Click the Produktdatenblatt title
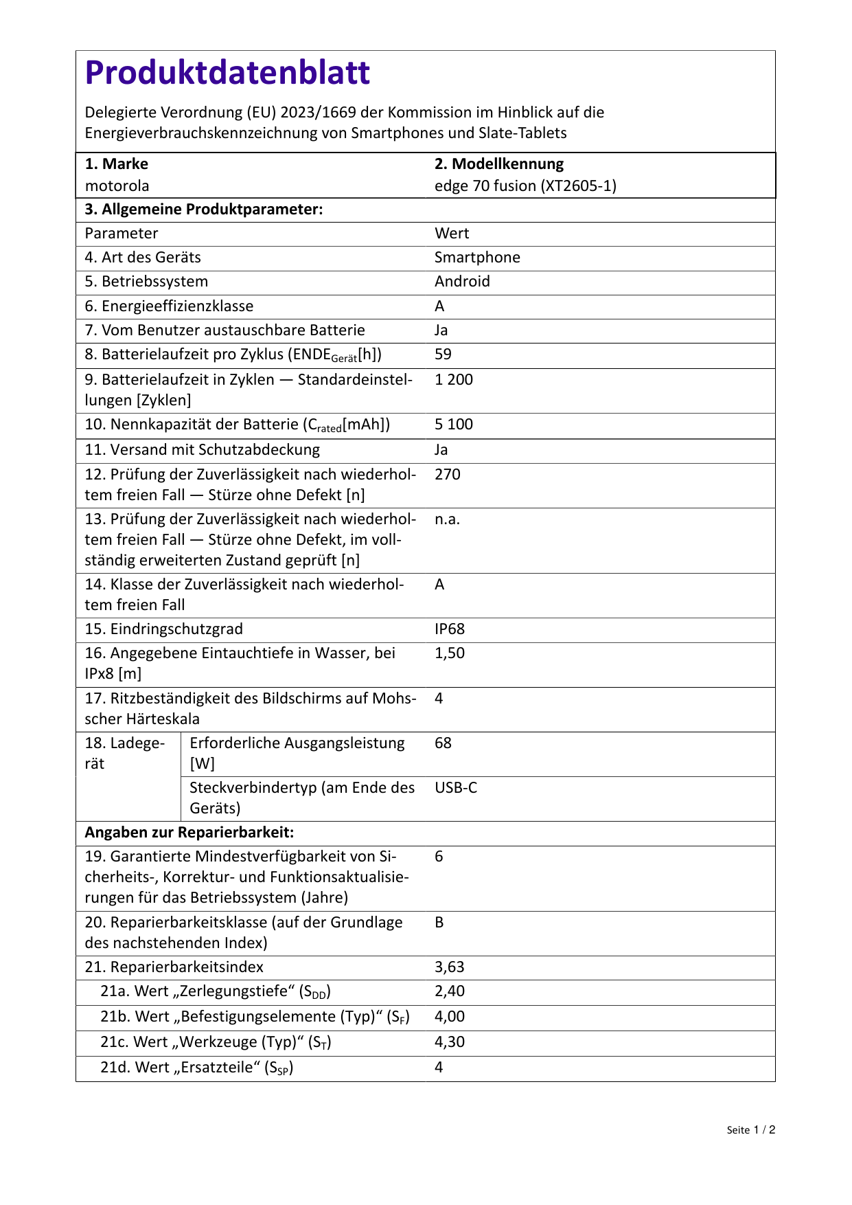pos(227,73)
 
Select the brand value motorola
pos(117,185)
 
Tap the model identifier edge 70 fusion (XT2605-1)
pos(525,185)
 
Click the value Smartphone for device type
pos(477,258)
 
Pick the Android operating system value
pos(462,282)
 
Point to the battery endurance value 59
pos(443,354)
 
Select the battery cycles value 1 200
pos(453,380)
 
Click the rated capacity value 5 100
pos(453,425)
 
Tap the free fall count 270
pos(447,475)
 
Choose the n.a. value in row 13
pos(447,519)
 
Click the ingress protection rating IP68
pos(450,629)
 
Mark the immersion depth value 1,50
pos(450,653)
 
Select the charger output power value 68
pos(443,743)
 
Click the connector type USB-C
pos(455,788)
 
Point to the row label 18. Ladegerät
pos(124,754)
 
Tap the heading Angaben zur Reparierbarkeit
pos(189,833)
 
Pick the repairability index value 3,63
pos(450,967)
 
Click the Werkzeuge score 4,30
pos(450,1042)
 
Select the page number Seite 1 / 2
pos(750,1130)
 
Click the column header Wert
pos(451,234)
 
